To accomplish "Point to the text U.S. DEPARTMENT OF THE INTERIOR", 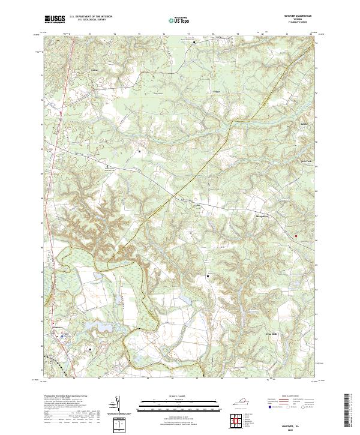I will click(89, 17).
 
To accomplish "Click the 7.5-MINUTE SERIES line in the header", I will click(302, 23).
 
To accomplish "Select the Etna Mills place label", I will click(272, 334).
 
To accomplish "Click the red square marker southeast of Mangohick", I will click(295, 236).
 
